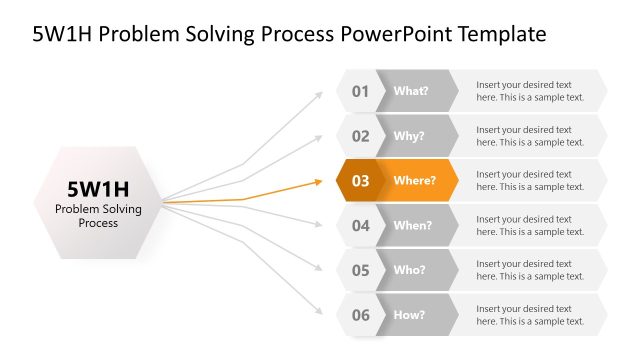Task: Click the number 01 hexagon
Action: click(x=359, y=91)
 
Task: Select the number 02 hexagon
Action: click(x=359, y=136)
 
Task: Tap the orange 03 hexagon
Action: click(x=359, y=181)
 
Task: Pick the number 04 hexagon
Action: click(x=359, y=226)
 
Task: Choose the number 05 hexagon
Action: click(x=359, y=270)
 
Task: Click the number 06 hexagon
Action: click(x=359, y=315)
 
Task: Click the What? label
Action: click(x=411, y=91)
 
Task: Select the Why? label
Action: click(x=410, y=136)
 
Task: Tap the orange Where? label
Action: click(x=415, y=181)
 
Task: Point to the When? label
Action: click(x=413, y=226)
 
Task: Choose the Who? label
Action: click(x=410, y=270)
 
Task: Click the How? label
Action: click(x=410, y=315)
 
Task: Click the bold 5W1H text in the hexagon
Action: click(x=98, y=188)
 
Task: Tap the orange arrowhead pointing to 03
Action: click(x=319, y=182)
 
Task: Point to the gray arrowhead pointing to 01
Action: click(x=319, y=95)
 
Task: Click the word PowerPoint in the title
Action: click(x=396, y=34)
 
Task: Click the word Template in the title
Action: click(x=502, y=34)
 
